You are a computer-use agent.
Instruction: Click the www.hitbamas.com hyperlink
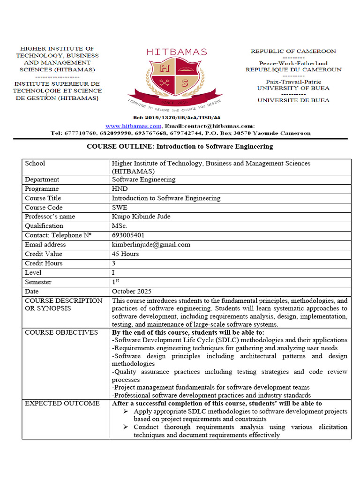point(134,126)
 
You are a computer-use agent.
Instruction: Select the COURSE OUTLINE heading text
point(180,146)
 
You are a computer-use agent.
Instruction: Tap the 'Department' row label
point(42,179)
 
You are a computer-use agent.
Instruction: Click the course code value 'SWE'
point(120,207)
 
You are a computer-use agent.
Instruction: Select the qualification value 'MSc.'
point(120,226)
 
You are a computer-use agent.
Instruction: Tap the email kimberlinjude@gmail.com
point(151,245)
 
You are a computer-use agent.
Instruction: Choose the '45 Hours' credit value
point(125,254)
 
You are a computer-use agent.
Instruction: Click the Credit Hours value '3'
point(114,263)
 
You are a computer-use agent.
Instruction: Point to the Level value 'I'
point(113,272)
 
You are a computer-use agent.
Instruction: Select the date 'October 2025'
point(132,291)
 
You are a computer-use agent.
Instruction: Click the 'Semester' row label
point(38,282)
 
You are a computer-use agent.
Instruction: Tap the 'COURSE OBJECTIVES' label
point(61,332)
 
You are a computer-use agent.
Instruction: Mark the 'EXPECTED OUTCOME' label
point(62,403)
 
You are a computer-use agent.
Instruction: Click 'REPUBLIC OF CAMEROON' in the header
point(293,51)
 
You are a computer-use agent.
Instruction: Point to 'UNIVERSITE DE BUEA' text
point(293,100)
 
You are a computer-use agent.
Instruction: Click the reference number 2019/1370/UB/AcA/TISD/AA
point(177,118)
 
